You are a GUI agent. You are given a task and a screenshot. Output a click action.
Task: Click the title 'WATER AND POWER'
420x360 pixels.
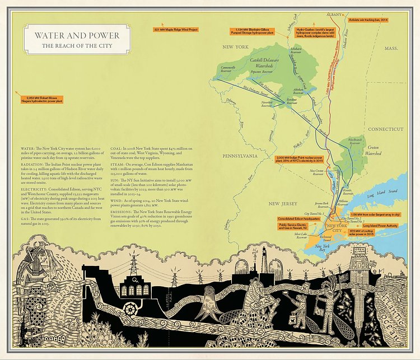pyautogui.click(x=72, y=35)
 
